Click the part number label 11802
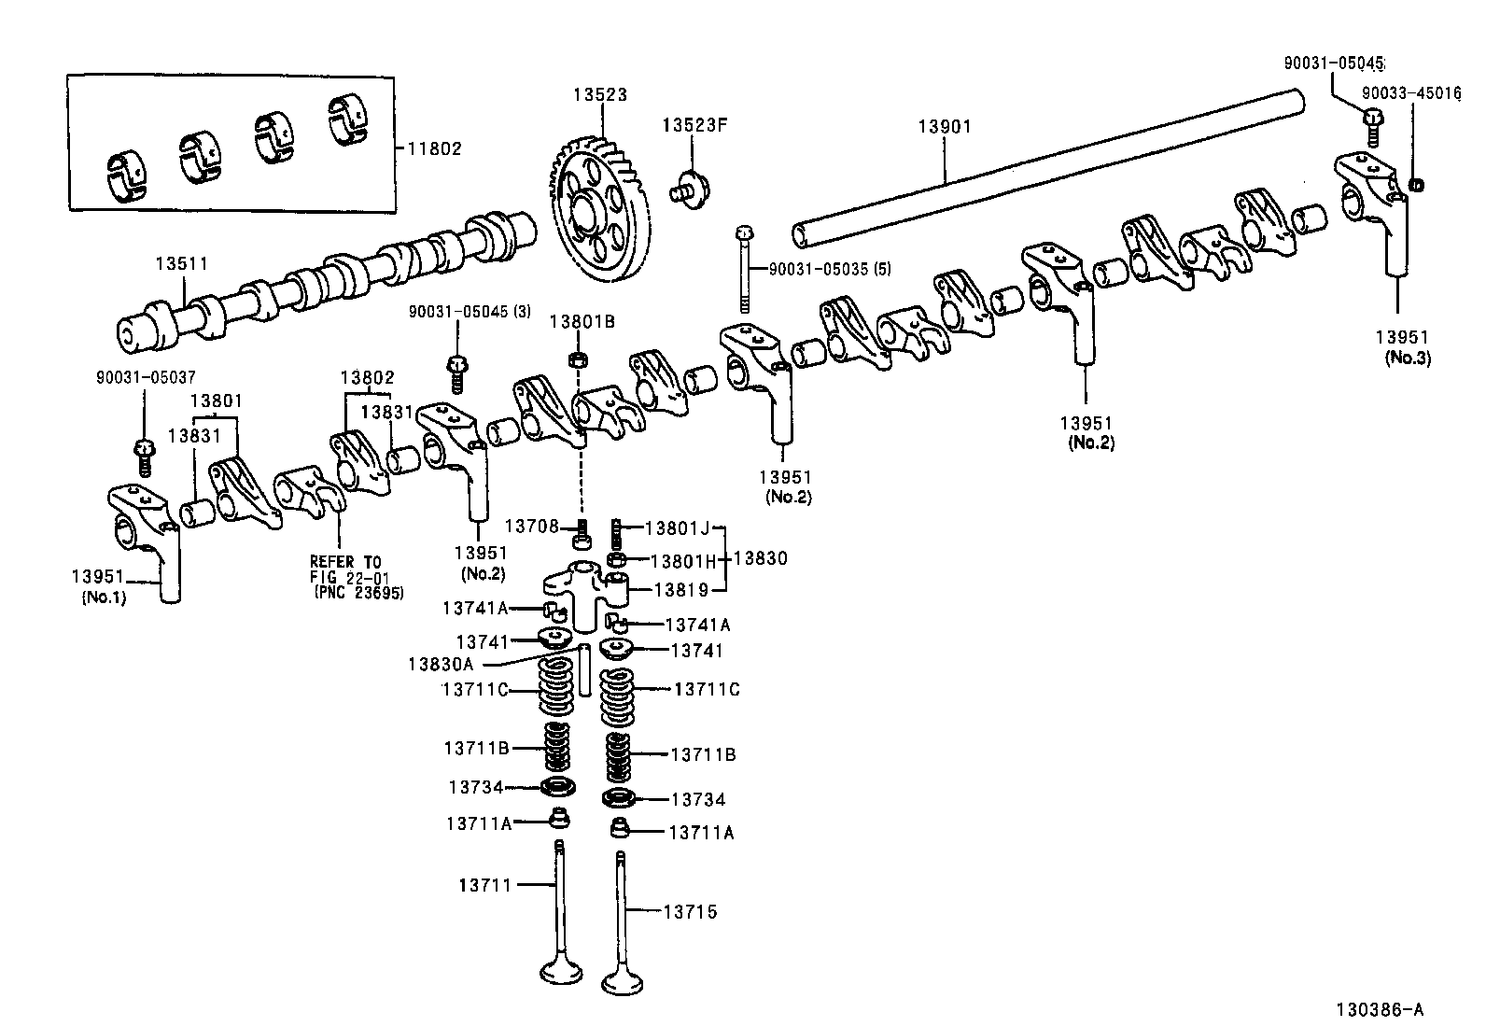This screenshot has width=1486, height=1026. point(434,148)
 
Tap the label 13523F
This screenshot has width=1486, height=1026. point(694,125)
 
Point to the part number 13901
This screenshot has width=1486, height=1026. point(944,126)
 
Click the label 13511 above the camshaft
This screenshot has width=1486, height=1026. point(181,265)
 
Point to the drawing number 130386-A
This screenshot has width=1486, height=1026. point(1379,1008)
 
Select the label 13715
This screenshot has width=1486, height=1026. point(691,911)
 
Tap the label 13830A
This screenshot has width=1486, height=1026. point(441,664)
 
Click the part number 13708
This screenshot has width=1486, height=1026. point(532,528)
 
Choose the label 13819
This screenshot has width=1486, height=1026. point(680,589)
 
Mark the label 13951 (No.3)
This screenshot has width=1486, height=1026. point(1402,346)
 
